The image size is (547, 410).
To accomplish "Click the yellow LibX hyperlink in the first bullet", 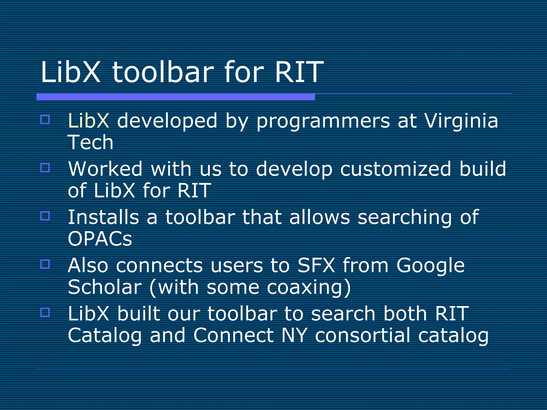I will coord(88,121).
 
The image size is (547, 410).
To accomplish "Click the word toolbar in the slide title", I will coord(163,72).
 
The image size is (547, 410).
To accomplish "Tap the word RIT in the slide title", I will coord(299,72).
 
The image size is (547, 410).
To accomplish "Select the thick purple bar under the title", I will coord(175,97).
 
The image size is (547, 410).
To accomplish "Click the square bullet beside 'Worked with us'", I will coord(45,168).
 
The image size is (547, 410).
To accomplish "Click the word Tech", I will coord(91,142).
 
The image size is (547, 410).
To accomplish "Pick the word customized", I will coord(396,169).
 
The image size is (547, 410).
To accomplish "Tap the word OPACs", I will coord(100,239).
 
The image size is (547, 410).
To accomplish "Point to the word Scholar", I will coord(104,287).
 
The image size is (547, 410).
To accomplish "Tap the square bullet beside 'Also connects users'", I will coord(45,264).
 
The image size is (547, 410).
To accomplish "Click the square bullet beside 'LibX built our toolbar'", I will coord(45,312).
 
